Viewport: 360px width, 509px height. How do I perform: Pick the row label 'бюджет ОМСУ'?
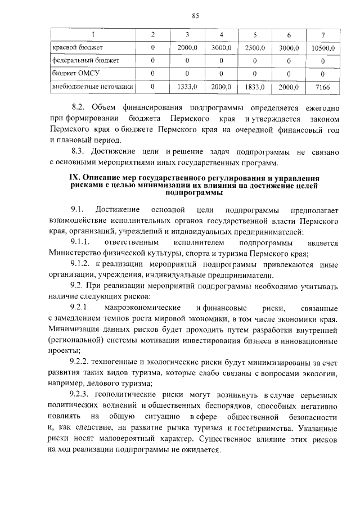66,74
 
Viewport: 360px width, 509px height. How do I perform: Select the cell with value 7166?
322,87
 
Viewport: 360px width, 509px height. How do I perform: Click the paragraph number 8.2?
78,107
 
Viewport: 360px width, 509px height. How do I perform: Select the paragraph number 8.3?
78,151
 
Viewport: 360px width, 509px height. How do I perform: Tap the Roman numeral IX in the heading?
74,178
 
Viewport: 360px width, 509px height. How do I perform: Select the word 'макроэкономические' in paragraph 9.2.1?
142,308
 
